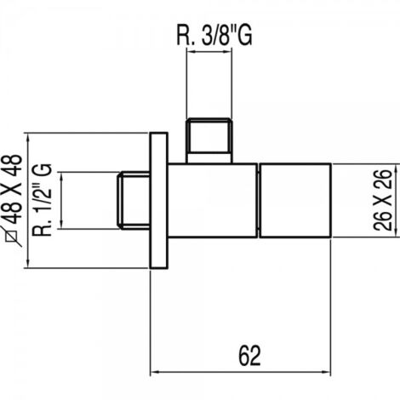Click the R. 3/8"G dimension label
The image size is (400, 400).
pos(214,35)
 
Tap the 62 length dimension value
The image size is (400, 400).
pos(249,356)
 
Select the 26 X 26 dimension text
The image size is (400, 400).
pos(383,200)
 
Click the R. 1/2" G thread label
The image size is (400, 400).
pos(43,200)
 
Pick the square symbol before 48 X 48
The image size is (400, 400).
pos(14,236)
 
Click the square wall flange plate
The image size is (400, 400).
pos(158,200)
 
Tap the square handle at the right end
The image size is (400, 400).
pos(295,200)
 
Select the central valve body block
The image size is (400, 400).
pos(213,200)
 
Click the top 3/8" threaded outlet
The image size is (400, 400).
pos(209,140)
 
